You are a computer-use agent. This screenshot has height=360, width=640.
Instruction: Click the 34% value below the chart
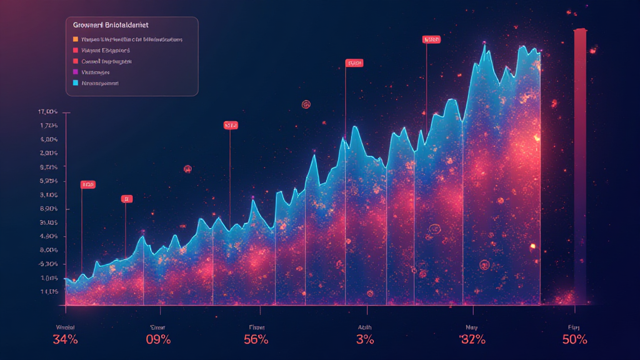[65, 340]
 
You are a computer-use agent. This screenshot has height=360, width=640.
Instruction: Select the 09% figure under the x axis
[158, 340]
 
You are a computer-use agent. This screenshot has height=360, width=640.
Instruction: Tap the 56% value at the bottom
[256, 340]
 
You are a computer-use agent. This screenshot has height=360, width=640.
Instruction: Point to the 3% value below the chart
[365, 340]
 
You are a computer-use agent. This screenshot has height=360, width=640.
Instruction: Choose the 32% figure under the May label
[472, 340]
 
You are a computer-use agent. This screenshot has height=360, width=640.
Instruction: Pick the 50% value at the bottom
[574, 340]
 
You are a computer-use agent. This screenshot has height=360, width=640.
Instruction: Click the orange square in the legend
[76, 39]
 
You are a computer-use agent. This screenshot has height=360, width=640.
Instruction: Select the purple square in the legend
[76, 72]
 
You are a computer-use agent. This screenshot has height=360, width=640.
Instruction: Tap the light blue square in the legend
[76, 82]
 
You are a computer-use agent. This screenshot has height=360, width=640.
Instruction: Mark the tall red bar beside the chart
[580, 162]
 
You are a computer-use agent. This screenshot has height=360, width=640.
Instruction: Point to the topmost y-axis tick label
[48, 112]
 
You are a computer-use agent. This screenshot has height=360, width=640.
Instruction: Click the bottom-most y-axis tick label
[49, 291]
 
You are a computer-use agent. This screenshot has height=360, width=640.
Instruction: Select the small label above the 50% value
[574, 326]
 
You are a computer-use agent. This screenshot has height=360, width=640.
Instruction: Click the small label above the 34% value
[65, 326]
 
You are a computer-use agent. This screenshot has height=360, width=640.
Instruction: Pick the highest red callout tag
[432, 39]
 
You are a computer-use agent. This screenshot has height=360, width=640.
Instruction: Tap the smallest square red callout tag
[127, 199]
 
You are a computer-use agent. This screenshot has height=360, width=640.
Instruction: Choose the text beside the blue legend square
[100, 82]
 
